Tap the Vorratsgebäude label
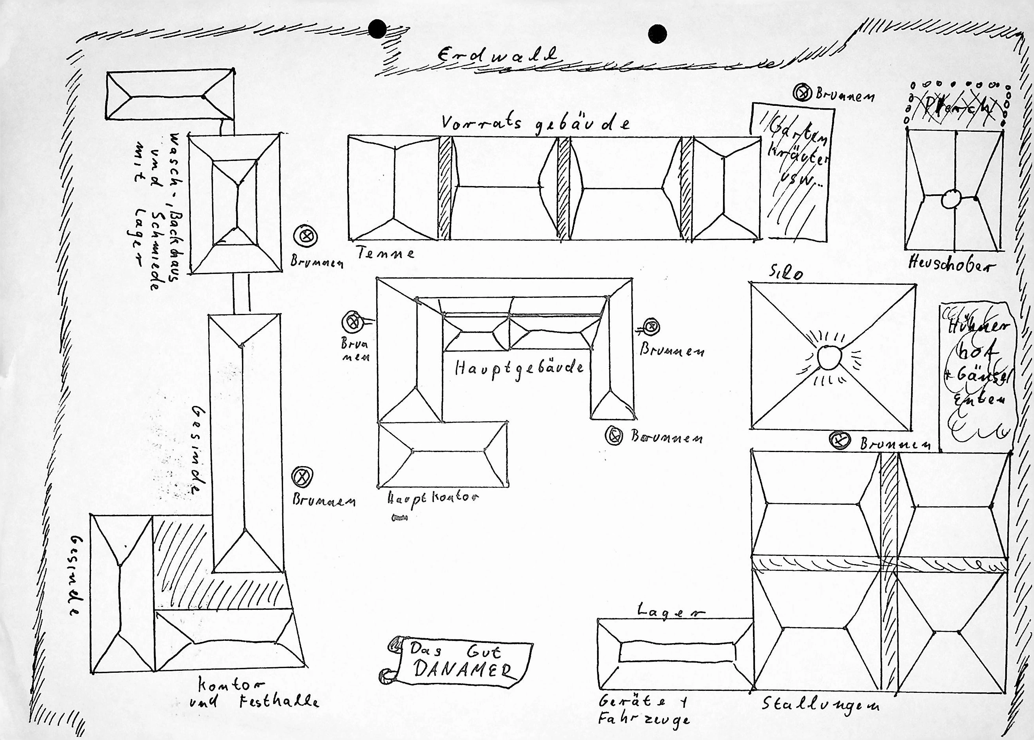pos(536,124)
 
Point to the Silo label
pos(786,273)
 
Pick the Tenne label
pos(386,253)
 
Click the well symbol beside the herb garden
pos(803,93)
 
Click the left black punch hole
pos(377,30)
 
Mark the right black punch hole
pos(657,33)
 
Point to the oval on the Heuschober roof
pos(951,199)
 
